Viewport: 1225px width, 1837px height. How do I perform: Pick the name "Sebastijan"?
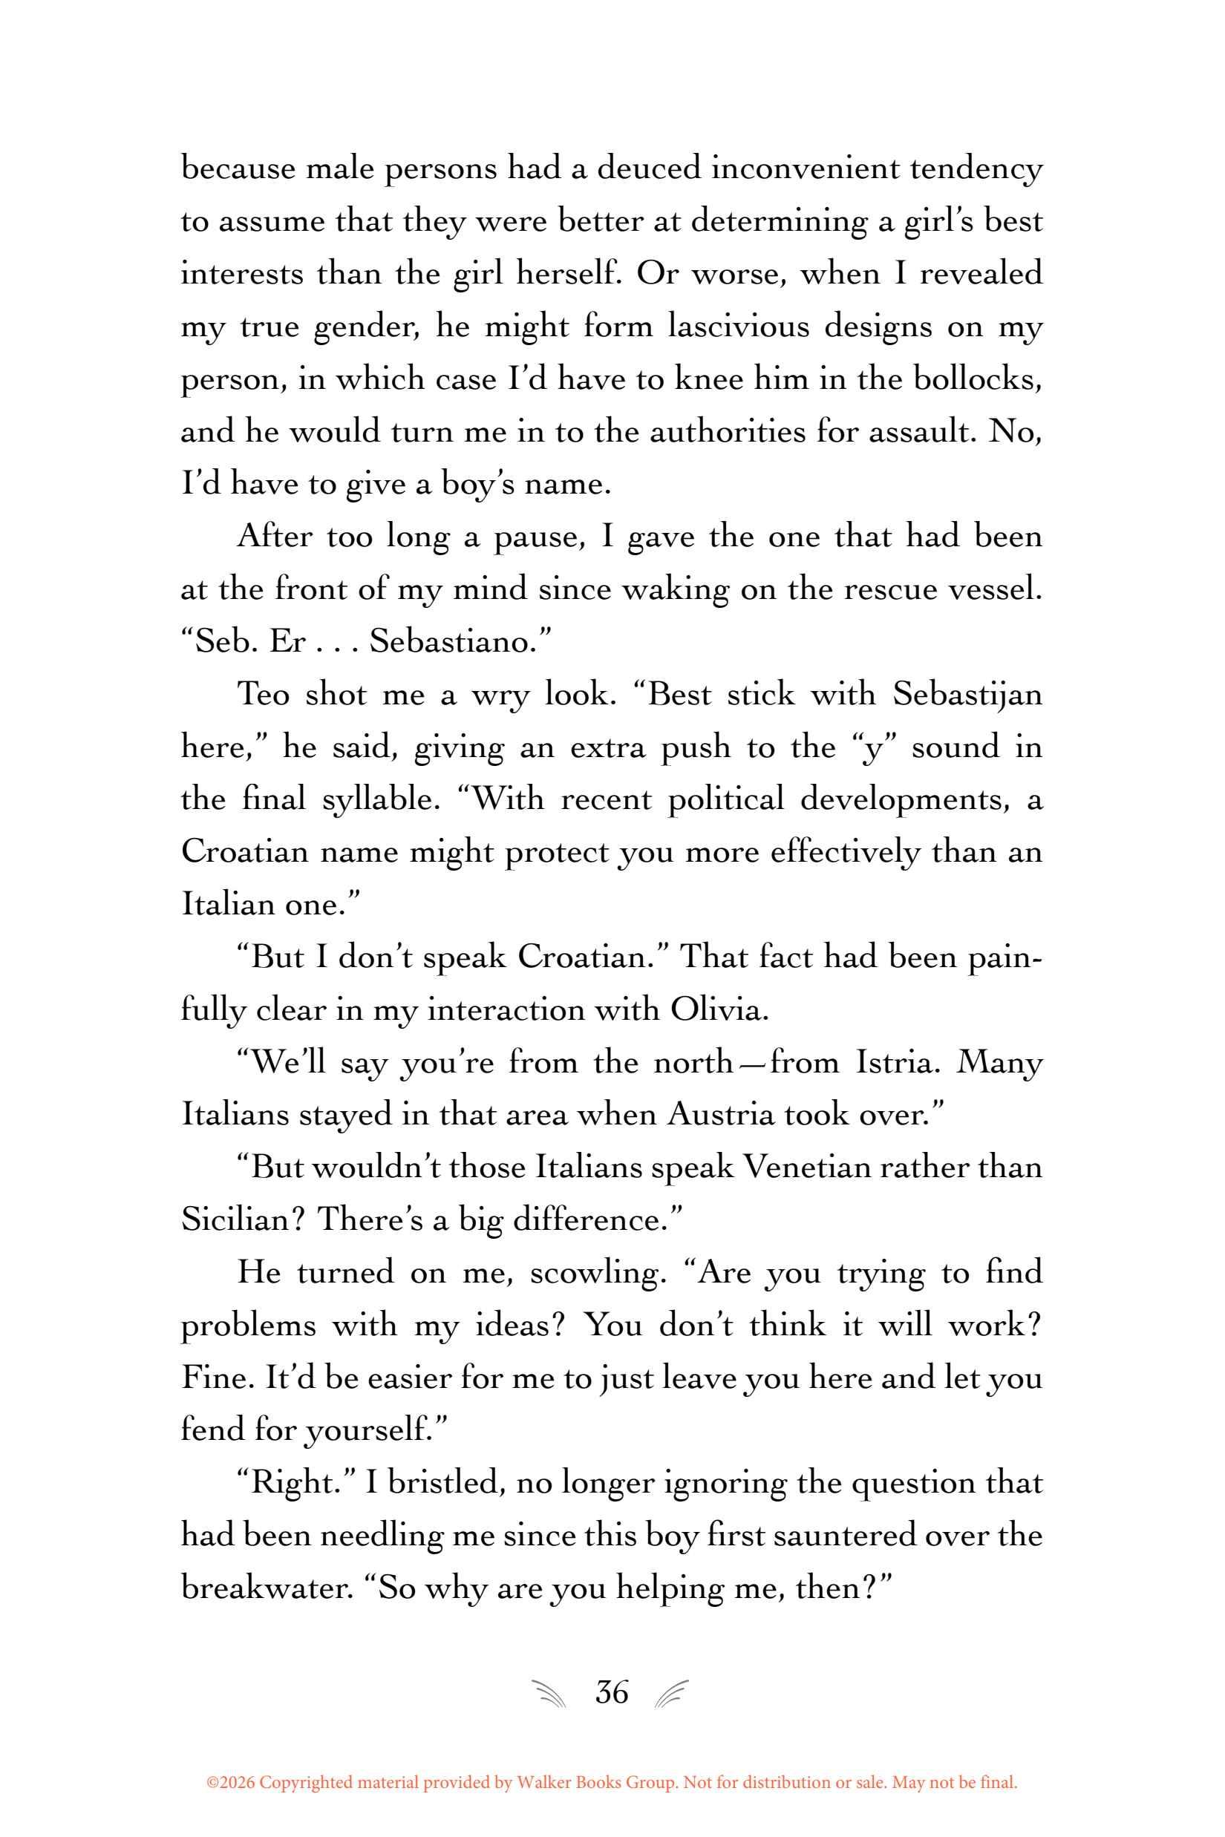point(967,694)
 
